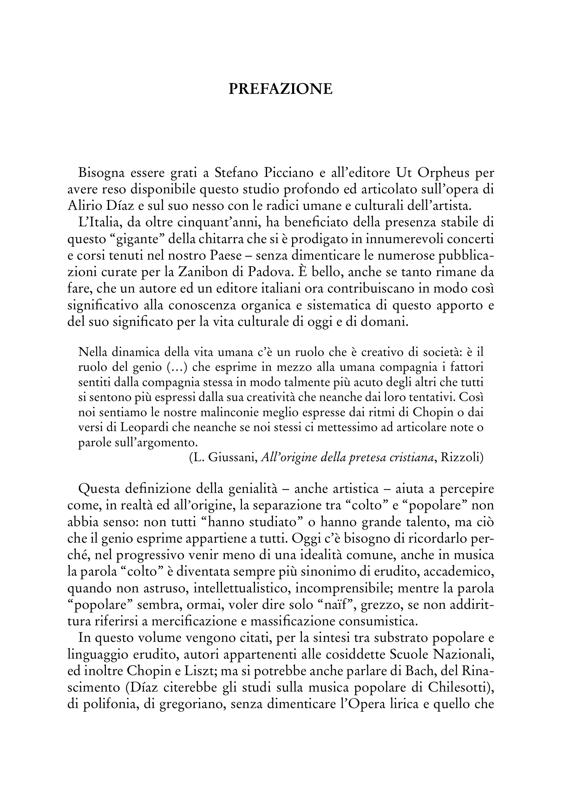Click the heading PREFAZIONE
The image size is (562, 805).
[x=281, y=89]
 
